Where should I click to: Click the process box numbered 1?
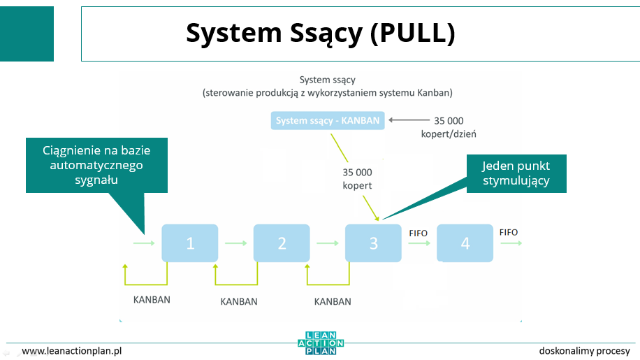[x=190, y=243]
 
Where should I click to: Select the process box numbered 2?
[x=282, y=243]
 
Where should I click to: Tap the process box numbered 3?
[x=374, y=243]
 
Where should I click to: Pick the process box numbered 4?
[x=465, y=243]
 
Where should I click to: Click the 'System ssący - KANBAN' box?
[x=328, y=120]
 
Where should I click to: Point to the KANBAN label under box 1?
[x=152, y=300]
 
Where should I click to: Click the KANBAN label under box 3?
[x=333, y=302]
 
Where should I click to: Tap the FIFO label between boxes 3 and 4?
[x=419, y=233]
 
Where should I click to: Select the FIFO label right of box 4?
[x=509, y=232]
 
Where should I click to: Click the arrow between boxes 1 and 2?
[x=236, y=243]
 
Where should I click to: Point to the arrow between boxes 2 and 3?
[x=328, y=243]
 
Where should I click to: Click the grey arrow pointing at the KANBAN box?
[x=409, y=120]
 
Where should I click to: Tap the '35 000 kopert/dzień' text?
[x=449, y=127]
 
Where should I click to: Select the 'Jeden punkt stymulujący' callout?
[x=516, y=173]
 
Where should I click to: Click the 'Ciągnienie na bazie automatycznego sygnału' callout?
[x=96, y=165]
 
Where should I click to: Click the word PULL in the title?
[x=412, y=33]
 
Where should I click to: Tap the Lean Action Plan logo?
[x=321, y=343]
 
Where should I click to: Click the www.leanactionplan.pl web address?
[x=72, y=351]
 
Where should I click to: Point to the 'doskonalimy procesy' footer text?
[x=585, y=351]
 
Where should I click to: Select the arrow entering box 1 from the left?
[x=144, y=243]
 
